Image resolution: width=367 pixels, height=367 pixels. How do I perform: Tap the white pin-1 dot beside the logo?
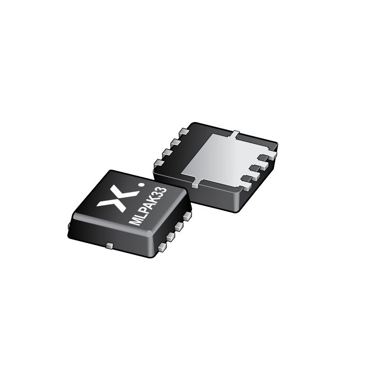(141, 185)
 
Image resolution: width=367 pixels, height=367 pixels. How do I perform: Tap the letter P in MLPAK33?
(145, 211)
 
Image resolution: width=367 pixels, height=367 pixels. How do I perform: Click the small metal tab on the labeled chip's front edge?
(109, 246)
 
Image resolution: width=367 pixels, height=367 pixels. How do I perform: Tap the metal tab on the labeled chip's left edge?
(69, 225)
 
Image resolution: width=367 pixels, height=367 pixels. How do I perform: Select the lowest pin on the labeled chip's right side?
(162, 247)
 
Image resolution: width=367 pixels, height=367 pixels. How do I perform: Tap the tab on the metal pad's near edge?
(195, 184)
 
